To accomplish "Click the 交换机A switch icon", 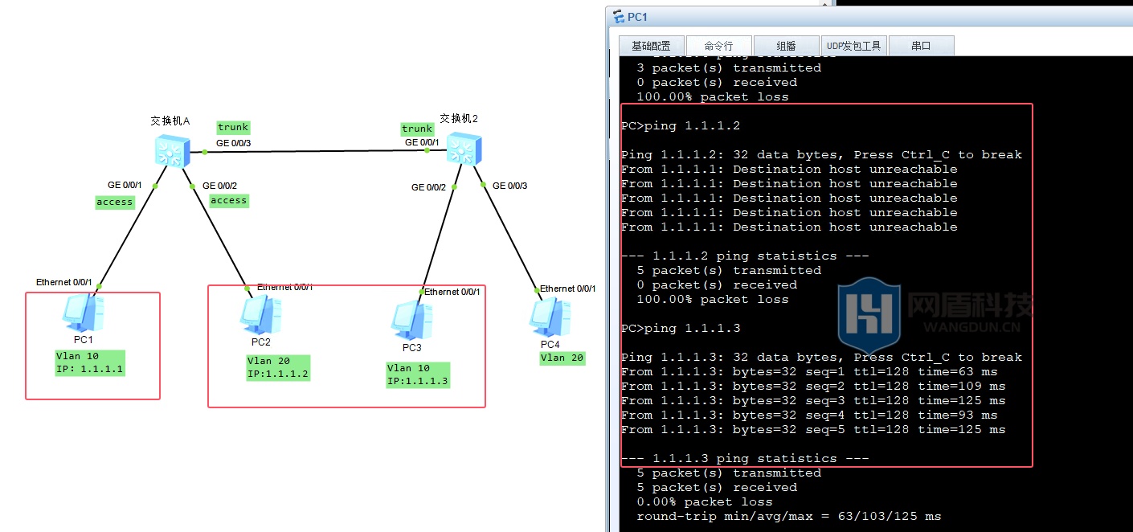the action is coord(173,151).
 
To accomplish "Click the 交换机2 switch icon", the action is coord(464,149).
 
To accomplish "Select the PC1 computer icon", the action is coord(84,313).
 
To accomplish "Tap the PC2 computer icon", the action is coord(261,316).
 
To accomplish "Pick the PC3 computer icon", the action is coord(411,321).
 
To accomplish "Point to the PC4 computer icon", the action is coord(550,317).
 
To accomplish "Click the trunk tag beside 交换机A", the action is coord(233,127).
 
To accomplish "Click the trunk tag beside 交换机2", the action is coord(417,129).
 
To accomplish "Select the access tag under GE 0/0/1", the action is coord(115,203).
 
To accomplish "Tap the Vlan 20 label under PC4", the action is coord(562,358).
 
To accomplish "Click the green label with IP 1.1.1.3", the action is coord(418,374).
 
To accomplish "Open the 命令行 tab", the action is coord(718,46).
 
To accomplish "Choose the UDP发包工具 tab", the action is coord(854,46).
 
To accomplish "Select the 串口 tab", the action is coord(921,46).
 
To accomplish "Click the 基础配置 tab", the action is coord(652,46).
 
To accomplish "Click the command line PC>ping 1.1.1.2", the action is coord(681,125).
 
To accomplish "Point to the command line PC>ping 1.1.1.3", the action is coord(681,328).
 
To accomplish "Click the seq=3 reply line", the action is coord(813,400).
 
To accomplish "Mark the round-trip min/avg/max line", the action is coord(788,516).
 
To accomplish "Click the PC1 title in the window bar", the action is coord(637,17).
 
